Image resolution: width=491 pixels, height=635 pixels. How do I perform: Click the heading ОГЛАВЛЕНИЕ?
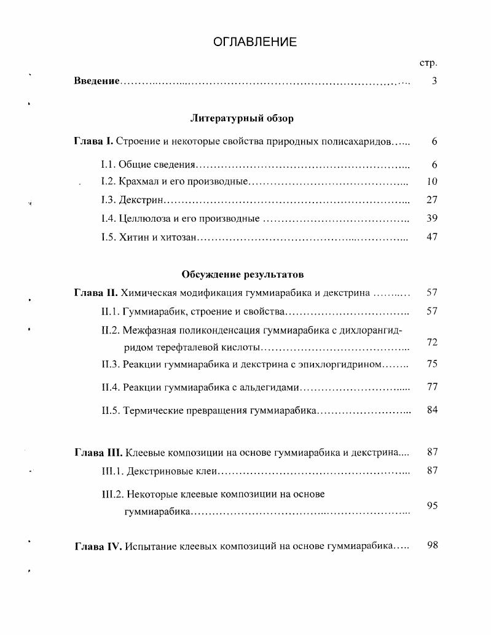[255, 42]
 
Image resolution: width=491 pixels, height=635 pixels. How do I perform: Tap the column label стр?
[428, 63]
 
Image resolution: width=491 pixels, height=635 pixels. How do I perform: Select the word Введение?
[96, 81]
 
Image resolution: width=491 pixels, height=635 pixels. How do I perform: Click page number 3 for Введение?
[434, 80]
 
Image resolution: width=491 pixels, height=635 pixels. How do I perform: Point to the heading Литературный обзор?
[242, 118]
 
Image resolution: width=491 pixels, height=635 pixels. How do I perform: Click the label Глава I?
[93, 142]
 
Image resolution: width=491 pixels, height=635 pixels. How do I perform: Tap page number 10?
[431, 182]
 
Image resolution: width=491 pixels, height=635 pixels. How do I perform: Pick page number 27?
[431, 200]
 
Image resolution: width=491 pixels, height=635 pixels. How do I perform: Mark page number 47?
[431, 236]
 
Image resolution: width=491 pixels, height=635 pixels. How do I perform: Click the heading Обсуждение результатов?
[242, 274]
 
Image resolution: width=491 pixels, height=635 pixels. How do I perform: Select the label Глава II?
[96, 293]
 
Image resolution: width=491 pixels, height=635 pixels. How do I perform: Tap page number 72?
[431, 341]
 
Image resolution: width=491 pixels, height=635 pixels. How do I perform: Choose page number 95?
[431, 505]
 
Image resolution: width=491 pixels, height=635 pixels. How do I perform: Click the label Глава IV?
[97, 545]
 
